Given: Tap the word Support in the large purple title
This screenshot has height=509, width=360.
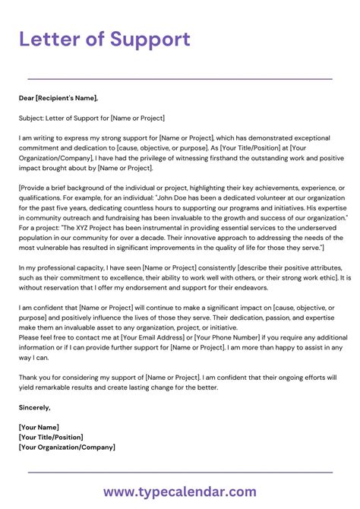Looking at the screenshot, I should click(149, 40).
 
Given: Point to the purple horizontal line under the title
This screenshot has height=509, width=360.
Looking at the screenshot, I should click(180, 78).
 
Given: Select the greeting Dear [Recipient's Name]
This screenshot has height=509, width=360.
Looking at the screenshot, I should click(59, 98).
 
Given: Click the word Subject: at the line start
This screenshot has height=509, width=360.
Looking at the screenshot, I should click(33, 119).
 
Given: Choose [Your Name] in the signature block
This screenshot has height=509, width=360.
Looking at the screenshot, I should click(39, 427).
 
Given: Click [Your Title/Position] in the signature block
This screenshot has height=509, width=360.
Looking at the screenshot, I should click(52, 437).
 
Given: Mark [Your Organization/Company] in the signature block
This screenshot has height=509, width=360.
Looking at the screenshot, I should click(67, 447).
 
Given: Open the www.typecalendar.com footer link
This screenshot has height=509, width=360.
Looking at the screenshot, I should click(180, 492).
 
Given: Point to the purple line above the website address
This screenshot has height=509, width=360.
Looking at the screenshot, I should click(180, 473).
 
